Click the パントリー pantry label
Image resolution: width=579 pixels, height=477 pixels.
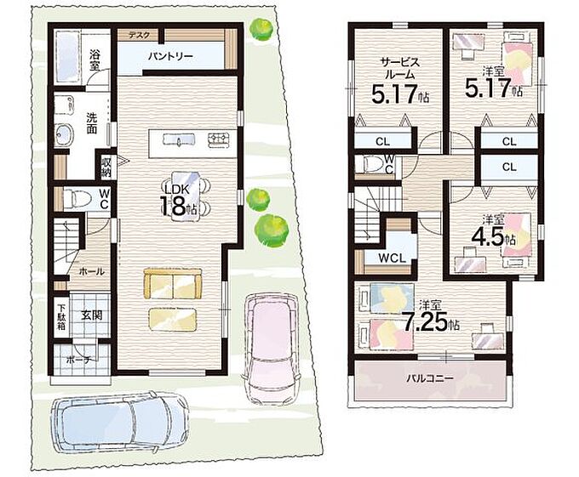point(170,57)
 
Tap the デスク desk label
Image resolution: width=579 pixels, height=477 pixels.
point(139,35)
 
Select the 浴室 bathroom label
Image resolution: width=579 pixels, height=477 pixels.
point(95,60)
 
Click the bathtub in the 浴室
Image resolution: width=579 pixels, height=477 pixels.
point(66,58)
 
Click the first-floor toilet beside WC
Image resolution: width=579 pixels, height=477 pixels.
point(78,199)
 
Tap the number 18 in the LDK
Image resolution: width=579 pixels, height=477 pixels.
point(172,206)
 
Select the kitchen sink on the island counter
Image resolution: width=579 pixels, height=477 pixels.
point(179,139)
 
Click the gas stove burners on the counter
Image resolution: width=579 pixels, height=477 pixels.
point(219,139)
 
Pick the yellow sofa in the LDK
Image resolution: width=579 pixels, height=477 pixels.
point(173,283)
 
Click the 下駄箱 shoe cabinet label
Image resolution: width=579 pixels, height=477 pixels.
point(60,316)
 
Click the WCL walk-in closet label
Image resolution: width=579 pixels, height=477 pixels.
point(393,258)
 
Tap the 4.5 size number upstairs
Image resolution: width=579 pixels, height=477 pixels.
point(488,238)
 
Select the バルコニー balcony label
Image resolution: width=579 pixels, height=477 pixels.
point(430,378)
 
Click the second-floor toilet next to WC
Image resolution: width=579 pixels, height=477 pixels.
point(370,163)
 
